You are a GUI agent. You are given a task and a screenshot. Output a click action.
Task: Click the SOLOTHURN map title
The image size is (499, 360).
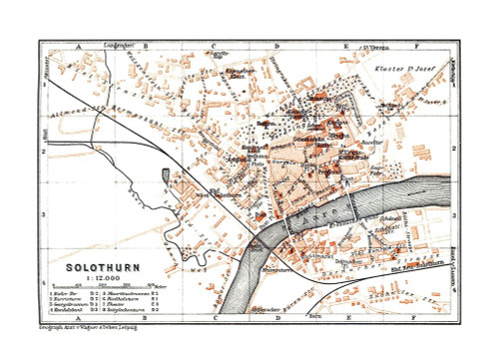point(96,267)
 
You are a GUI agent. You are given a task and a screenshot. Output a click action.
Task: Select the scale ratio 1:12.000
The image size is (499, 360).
point(96,278)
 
